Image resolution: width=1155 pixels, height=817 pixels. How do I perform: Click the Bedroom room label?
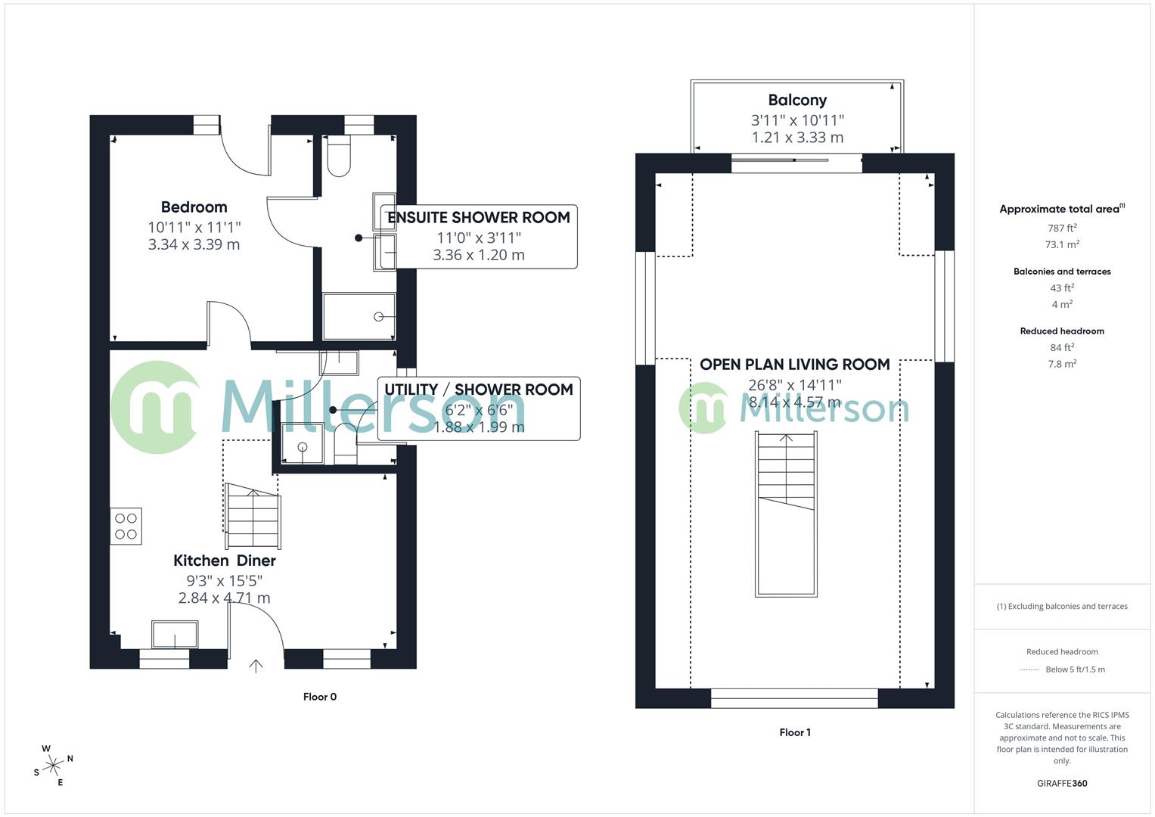pyautogui.click(x=194, y=207)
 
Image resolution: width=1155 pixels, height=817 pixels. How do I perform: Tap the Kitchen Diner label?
pyautogui.click(x=224, y=561)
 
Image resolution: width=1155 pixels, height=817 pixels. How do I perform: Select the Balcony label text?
pyautogui.click(x=797, y=100)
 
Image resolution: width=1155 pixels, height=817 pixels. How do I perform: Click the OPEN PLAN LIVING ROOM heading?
pyautogui.click(x=794, y=365)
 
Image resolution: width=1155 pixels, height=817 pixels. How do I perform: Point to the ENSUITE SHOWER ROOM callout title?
pyautogui.click(x=478, y=218)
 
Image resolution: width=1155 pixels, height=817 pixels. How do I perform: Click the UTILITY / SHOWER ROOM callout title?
pyautogui.click(x=478, y=390)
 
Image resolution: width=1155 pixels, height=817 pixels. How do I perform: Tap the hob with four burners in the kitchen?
pyautogui.click(x=126, y=527)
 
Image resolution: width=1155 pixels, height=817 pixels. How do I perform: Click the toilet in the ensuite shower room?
pyautogui.click(x=339, y=157)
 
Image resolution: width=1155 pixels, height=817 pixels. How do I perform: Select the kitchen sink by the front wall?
pyautogui.click(x=175, y=635)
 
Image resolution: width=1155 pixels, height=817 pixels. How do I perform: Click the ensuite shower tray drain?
pyautogui.click(x=379, y=317)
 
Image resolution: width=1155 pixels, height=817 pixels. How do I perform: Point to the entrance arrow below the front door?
pyautogui.click(x=256, y=666)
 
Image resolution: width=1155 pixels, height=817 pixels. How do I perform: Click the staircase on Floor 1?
pyautogui.click(x=787, y=514)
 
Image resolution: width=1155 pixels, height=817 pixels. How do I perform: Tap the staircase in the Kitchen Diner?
pyautogui.click(x=253, y=517)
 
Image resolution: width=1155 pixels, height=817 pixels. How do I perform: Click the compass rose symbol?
pyautogui.click(x=53, y=766)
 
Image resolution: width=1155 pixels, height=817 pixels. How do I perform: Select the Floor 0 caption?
pyautogui.click(x=320, y=697)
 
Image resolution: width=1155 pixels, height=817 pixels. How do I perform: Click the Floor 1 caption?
pyautogui.click(x=794, y=732)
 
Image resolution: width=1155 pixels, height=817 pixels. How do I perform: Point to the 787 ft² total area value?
pyautogui.click(x=1062, y=228)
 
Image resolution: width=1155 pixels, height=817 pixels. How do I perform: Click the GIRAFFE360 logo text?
pyautogui.click(x=1062, y=783)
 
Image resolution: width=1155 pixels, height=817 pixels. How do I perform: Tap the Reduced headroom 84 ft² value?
pyautogui.click(x=1062, y=347)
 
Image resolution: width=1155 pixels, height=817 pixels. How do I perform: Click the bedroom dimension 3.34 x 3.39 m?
pyautogui.click(x=194, y=244)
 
